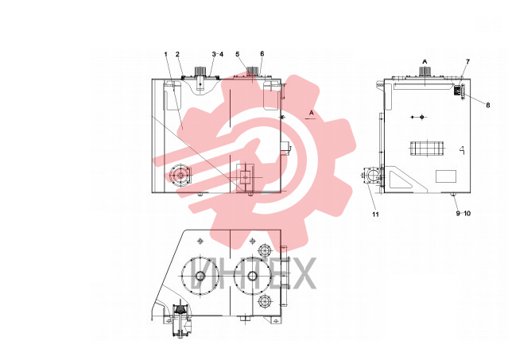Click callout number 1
[166, 54]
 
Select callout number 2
[177, 54]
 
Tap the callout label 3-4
[218, 54]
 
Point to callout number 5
[238, 54]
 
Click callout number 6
[262, 54]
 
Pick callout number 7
[467, 61]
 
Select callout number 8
[488, 105]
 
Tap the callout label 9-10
[463, 213]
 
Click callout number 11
[375, 215]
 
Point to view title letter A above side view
[425, 61]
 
